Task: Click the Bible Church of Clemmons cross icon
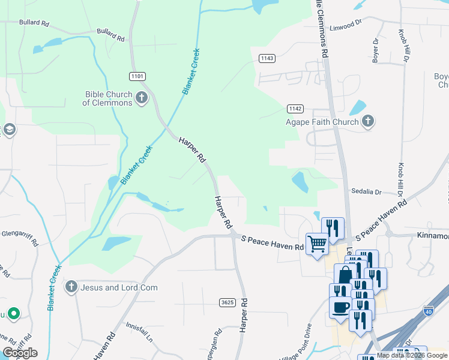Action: (142, 98)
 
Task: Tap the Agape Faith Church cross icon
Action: (367, 122)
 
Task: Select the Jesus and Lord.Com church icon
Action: (72, 287)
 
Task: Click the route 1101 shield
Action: (137, 76)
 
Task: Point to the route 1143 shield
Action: (267, 58)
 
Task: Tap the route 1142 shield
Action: (295, 109)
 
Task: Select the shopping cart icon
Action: (316, 243)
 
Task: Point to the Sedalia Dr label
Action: (367, 192)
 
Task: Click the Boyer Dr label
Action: (376, 51)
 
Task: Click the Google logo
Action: (20, 353)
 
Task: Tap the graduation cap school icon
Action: (8, 130)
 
